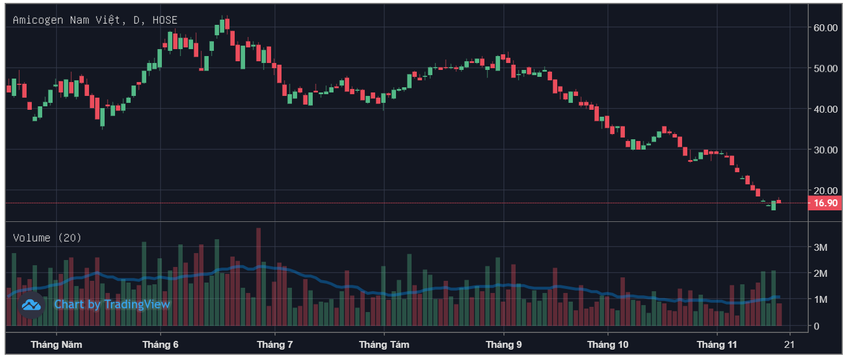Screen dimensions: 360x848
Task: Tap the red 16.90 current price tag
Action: [825, 203]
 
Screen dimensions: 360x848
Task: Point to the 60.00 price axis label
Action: [825, 28]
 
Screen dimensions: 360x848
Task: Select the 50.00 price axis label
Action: [825, 68]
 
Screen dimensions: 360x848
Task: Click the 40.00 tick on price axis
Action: [825, 109]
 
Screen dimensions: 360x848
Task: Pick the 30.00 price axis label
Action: [825, 150]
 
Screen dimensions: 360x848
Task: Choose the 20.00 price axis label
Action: [825, 191]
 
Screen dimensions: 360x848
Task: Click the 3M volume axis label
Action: [820, 247]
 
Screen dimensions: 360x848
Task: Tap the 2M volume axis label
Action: [820, 273]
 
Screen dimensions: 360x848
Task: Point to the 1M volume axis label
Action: [820, 299]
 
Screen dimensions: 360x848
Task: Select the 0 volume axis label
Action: [816, 326]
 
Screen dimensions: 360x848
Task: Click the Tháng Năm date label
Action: [56, 345]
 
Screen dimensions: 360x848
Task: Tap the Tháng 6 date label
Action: [160, 345]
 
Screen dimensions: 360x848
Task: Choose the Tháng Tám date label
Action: [384, 345]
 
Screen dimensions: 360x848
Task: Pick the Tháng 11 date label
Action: [717, 345]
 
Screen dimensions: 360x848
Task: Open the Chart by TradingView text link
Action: [112, 305]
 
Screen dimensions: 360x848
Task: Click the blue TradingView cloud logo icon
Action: [32, 305]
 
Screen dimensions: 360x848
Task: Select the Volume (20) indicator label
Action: [47, 238]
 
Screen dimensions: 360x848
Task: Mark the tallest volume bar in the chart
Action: [258, 277]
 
